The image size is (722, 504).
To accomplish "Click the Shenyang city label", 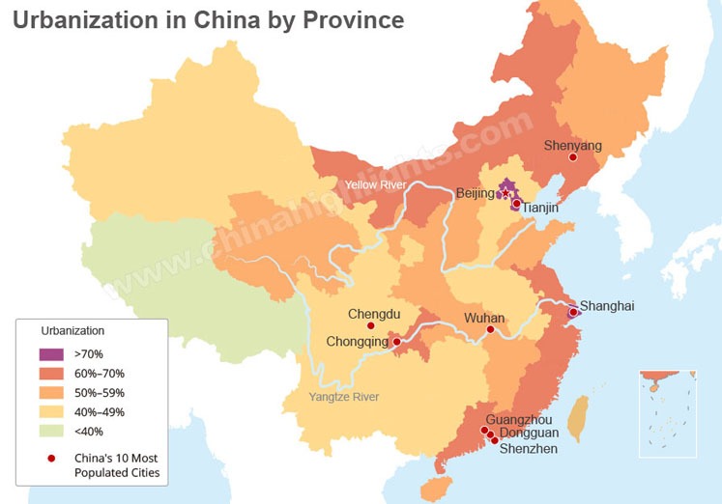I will point(572,146).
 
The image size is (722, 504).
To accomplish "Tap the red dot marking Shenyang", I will point(573,157).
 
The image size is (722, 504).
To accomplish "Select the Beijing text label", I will point(475,193).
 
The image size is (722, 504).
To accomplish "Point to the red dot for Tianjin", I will point(516,204).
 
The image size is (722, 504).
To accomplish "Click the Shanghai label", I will point(607,306).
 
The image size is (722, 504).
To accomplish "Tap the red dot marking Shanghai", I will point(573,313).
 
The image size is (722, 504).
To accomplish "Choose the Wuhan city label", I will point(484,318).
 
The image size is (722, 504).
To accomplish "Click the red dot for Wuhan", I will point(490,330).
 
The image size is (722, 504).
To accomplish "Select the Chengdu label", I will point(373,314).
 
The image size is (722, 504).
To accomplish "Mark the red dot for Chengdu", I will point(371,326).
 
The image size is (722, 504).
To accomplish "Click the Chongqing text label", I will point(357,341).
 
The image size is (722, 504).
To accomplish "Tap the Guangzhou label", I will point(519,420).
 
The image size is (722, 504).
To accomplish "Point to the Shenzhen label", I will point(529,448).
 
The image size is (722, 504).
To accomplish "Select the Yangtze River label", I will point(344,397).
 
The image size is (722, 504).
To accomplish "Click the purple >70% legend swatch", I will point(50,354).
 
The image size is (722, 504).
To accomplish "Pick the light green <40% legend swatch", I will point(50,432).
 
